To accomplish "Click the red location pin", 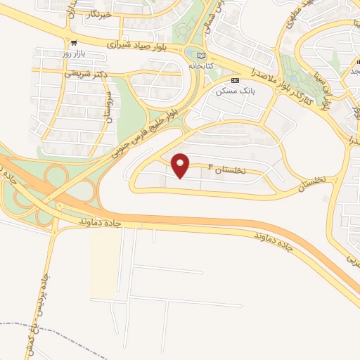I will coord(181,165).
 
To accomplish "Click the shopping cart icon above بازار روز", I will coord(73,43).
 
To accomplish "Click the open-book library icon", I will coord(202,55).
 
